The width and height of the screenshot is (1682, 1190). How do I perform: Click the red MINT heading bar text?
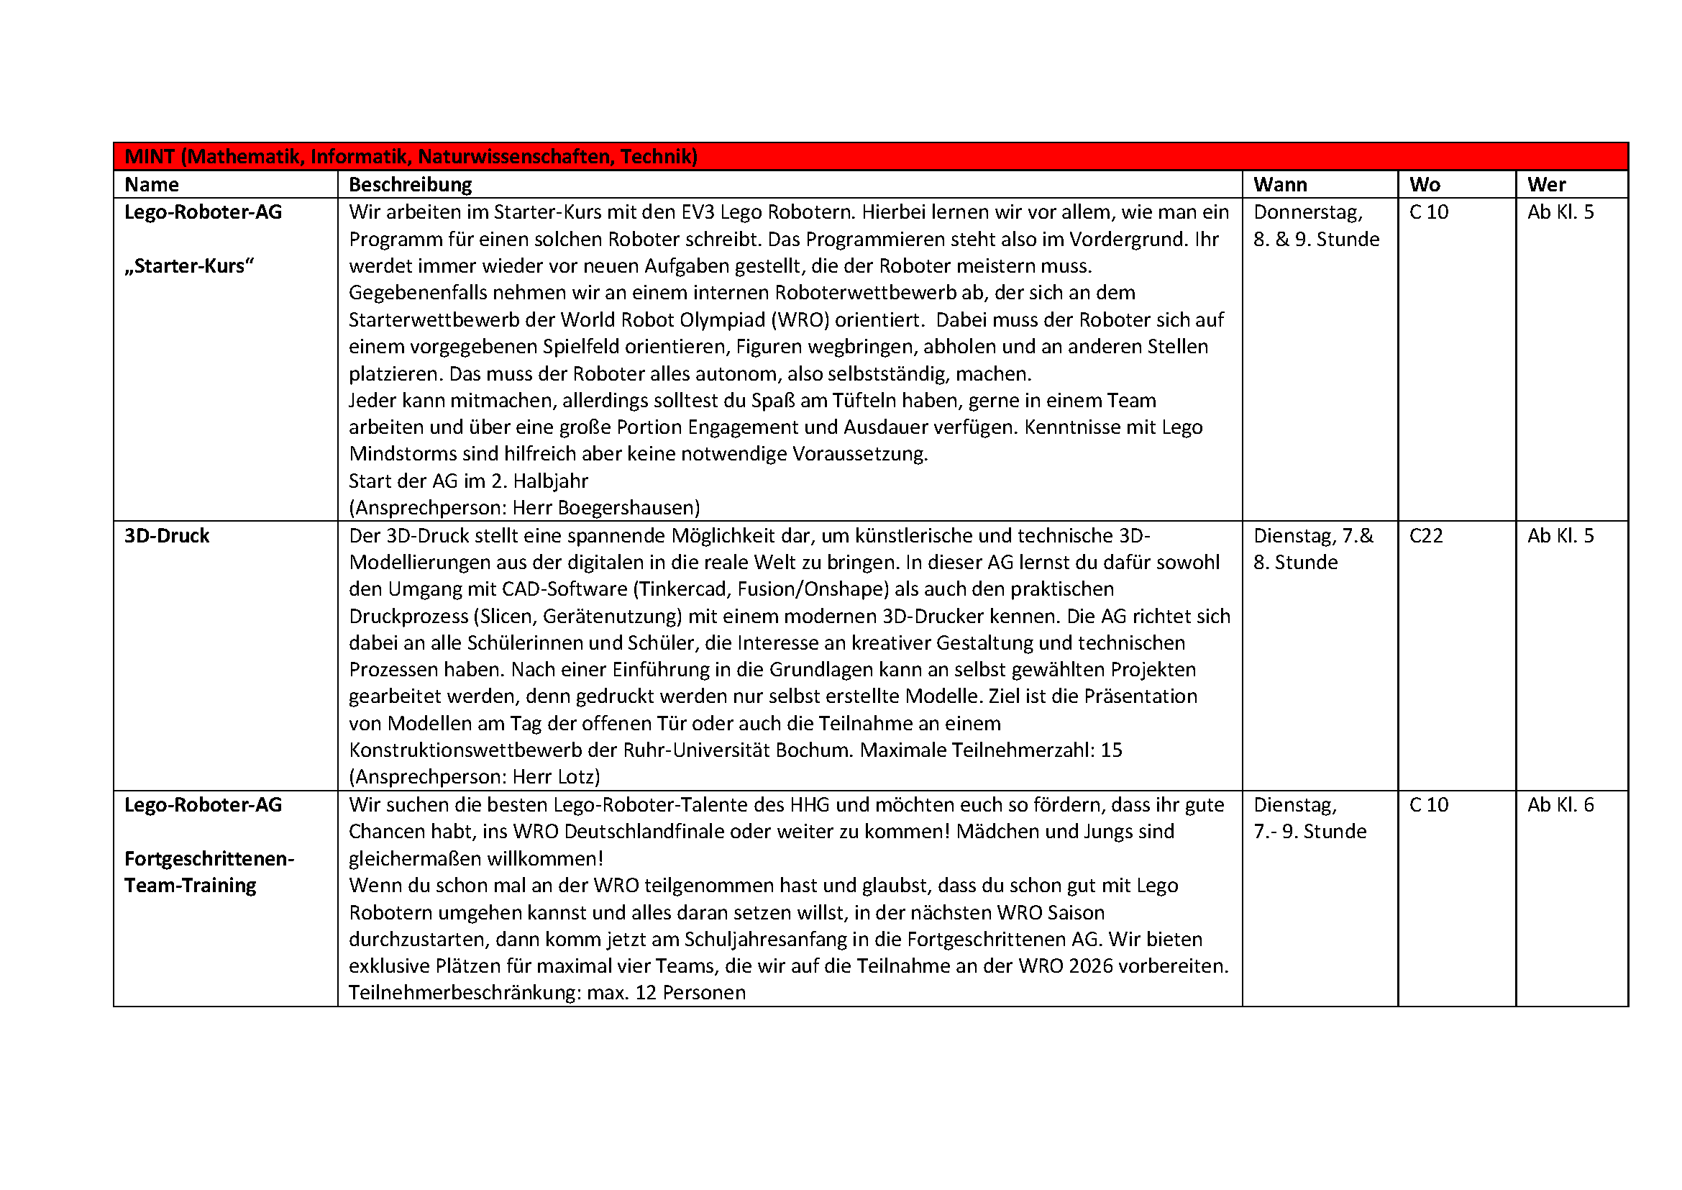(x=410, y=157)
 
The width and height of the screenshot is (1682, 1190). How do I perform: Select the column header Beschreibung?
(x=410, y=185)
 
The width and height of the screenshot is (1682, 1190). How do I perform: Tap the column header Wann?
(x=1280, y=185)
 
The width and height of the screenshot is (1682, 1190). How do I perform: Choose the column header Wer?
(x=1546, y=185)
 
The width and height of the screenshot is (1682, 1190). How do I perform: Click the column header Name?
(x=152, y=185)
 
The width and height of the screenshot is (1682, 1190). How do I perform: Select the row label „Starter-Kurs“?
(x=189, y=266)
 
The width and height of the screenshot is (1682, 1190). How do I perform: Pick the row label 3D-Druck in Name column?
(x=167, y=536)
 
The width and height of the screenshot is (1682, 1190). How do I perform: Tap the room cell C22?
(x=1425, y=536)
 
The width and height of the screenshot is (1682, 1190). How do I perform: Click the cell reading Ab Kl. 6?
(x=1560, y=804)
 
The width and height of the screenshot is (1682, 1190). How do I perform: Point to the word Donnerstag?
(x=1307, y=212)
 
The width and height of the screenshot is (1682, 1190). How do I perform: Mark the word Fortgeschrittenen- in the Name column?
(x=209, y=859)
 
